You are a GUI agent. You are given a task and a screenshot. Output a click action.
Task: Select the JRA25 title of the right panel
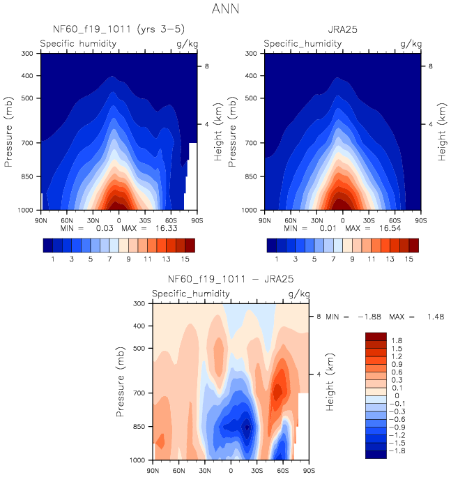click(342, 30)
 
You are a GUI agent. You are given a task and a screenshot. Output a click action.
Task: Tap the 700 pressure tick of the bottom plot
click(137, 393)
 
